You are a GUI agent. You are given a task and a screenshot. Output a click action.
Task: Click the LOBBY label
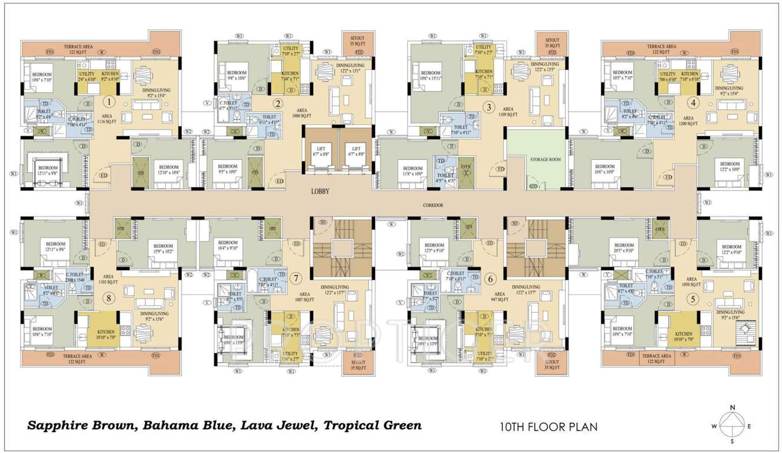pyautogui.click(x=321, y=192)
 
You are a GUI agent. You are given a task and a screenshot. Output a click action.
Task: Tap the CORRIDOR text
pyautogui.click(x=433, y=205)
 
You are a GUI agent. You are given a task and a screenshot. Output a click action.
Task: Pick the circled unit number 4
pyautogui.click(x=694, y=102)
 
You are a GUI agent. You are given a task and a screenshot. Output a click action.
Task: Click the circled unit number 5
pyautogui.click(x=693, y=299)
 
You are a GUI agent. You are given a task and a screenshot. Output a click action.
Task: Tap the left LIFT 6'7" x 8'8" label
pyautogui.click(x=321, y=152)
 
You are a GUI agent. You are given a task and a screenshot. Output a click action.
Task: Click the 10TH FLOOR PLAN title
pyautogui.click(x=548, y=426)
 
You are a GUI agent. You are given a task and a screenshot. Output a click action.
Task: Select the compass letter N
pyautogui.click(x=732, y=408)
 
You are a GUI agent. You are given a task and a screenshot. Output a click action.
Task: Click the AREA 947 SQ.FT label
pyautogui.click(x=500, y=296)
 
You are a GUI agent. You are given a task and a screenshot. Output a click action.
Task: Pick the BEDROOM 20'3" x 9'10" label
pyautogui.click(x=623, y=248)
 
